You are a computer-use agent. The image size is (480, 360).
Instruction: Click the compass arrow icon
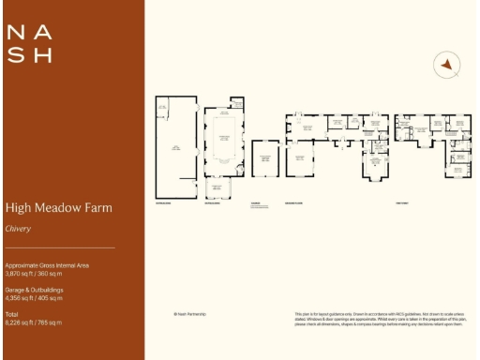tap(448, 64)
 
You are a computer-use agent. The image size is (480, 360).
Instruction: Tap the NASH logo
tap(30, 43)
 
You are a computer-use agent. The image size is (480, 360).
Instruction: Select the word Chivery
tap(18, 228)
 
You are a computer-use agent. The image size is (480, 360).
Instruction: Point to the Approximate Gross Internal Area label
tap(47, 265)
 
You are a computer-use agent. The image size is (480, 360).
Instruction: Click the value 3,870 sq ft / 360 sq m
tap(38, 274)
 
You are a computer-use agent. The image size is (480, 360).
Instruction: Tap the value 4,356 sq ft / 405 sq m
tap(38, 298)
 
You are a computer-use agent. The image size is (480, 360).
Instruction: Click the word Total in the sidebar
tap(11, 314)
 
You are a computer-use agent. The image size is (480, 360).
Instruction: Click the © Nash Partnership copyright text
tap(189, 313)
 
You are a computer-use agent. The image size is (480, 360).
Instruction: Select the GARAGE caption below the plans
tap(254, 202)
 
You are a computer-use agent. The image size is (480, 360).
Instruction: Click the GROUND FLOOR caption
tap(294, 202)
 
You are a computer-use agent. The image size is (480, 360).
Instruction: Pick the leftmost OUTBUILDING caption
tap(163, 202)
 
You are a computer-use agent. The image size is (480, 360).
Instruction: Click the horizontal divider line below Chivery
tap(60, 247)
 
